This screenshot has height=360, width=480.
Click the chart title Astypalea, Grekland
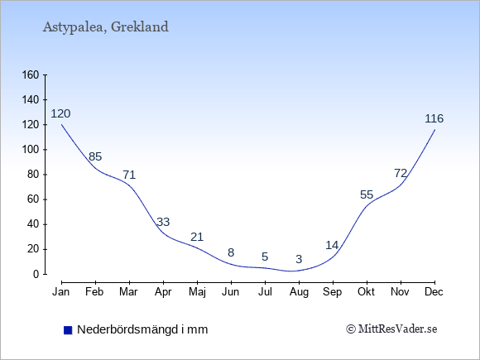click(106, 27)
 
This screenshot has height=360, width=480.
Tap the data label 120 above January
click(60, 114)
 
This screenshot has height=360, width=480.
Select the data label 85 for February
click(95, 156)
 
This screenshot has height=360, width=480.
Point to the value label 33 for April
click(163, 222)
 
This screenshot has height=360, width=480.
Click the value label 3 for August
click(299, 259)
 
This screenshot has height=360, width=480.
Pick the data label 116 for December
click(434, 118)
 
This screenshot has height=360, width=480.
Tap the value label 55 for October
click(367, 194)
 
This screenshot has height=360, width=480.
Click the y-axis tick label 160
click(31, 75)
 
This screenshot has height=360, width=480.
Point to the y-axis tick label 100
click(31, 150)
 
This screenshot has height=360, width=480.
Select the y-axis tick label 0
click(36, 274)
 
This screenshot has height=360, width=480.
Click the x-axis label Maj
click(197, 292)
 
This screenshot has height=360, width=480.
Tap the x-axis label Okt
click(366, 292)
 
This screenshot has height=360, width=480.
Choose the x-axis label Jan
click(61, 292)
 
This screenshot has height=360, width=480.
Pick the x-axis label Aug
click(299, 292)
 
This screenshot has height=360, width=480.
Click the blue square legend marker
click(68, 330)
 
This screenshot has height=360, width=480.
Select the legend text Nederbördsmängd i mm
click(142, 329)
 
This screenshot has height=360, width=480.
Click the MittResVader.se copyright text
click(391, 329)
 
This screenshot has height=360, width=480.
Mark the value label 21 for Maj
click(197, 238)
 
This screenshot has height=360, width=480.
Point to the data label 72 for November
click(401, 174)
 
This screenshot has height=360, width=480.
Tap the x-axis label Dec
click(434, 292)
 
